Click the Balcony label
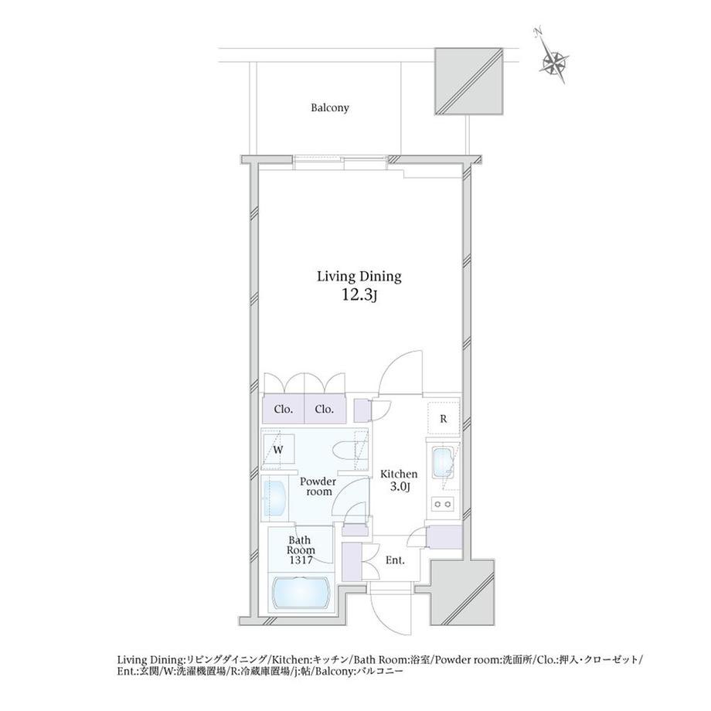330,108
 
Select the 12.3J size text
359,295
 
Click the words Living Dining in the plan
359,277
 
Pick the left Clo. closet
284,409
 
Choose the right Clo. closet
325,409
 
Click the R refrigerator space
444,419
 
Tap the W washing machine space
278,449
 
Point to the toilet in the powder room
349,451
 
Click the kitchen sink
443,462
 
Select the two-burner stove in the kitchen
443,503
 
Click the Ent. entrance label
395,561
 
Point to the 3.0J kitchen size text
400,487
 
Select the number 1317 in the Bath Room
301,560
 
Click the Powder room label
318,486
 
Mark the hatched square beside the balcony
469,81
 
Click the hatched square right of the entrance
461,593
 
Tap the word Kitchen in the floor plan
399,475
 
